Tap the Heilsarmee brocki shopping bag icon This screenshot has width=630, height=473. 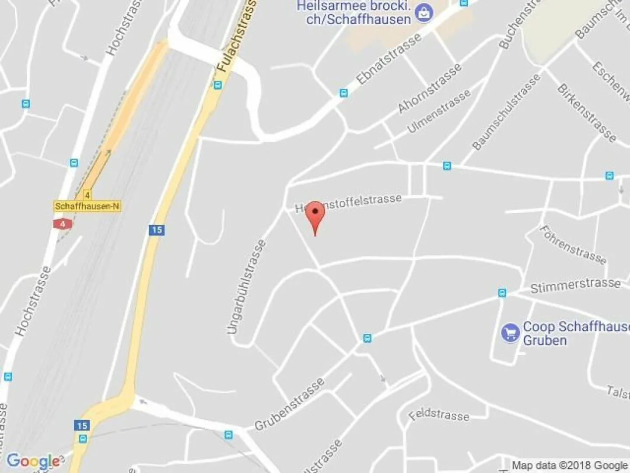[x=423, y=13]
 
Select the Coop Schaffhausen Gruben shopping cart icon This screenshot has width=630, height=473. [x=510, y=333]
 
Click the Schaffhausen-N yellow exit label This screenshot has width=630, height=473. [x=87, y=206]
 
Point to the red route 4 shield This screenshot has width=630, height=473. [x=63, y=224]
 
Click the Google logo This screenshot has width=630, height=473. [x=33, y=461]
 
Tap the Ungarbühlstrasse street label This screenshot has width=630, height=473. [x=247, y=287]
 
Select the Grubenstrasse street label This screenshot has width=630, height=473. [x=289, y=404]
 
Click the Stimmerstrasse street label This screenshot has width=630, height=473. [x=575, y=285]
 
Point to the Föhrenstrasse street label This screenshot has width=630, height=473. [x=573, y=245]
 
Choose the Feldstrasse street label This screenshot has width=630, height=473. [x=439, y=414]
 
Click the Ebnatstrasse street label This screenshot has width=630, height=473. [x=389, y=58]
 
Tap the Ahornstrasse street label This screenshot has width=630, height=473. [x=429, y=88]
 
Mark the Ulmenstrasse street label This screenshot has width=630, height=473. [x=439, y=111]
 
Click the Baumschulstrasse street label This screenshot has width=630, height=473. [x=506, y=112]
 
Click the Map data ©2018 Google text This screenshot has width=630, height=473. [x=570, y=465]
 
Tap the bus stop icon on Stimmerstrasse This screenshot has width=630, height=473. [x=502, y=293]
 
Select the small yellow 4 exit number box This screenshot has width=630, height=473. [x=87, y=195]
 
